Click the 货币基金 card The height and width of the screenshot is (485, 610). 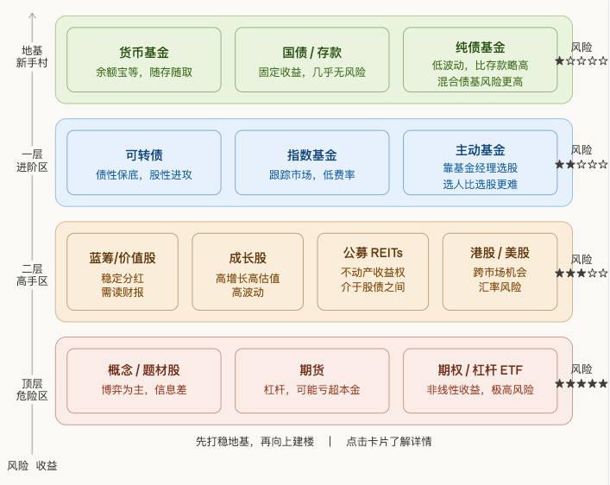coord(143,60)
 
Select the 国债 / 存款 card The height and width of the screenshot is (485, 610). coord(311,60)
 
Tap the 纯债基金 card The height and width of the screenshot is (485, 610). coord(480,60)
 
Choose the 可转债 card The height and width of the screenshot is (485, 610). coord(143,162)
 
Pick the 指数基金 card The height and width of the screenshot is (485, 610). coord(311,162)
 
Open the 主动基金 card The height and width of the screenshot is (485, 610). coord(480,162)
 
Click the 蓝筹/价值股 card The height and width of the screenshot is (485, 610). coord(123,271)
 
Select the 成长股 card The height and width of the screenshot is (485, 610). coord(248,271)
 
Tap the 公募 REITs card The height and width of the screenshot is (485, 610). coord(373,271)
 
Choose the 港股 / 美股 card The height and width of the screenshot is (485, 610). coord(500,271)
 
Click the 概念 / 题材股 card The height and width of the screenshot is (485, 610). coord(143,379)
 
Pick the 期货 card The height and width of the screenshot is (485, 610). coord(311,379)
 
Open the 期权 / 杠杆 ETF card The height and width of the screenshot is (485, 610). coord(480,379)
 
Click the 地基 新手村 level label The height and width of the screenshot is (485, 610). coord(32,56)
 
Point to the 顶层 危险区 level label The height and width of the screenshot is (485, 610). coord(32,389)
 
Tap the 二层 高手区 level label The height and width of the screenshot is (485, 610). coord(32,274)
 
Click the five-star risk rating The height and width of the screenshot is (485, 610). coord(581,383)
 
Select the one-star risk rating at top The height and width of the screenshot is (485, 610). coord(581,60)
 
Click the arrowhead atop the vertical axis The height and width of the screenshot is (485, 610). coord(32,15)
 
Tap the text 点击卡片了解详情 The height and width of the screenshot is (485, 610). coord(388,441)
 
